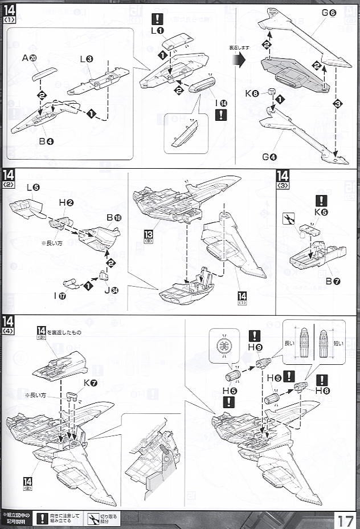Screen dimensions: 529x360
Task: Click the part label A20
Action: coord(29,58)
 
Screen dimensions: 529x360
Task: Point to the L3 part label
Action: coord(87,59)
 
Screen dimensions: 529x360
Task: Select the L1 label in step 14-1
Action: coord(157,30)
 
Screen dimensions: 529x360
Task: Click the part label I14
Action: coord(221,103)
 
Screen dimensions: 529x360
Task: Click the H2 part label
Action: coord(66,203)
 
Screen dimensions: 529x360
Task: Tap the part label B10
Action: coord(114,218)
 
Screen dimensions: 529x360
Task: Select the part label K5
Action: coord(321,212)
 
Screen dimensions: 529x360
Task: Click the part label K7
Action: coord(90,383)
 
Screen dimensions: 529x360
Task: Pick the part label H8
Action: coord(322,390)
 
